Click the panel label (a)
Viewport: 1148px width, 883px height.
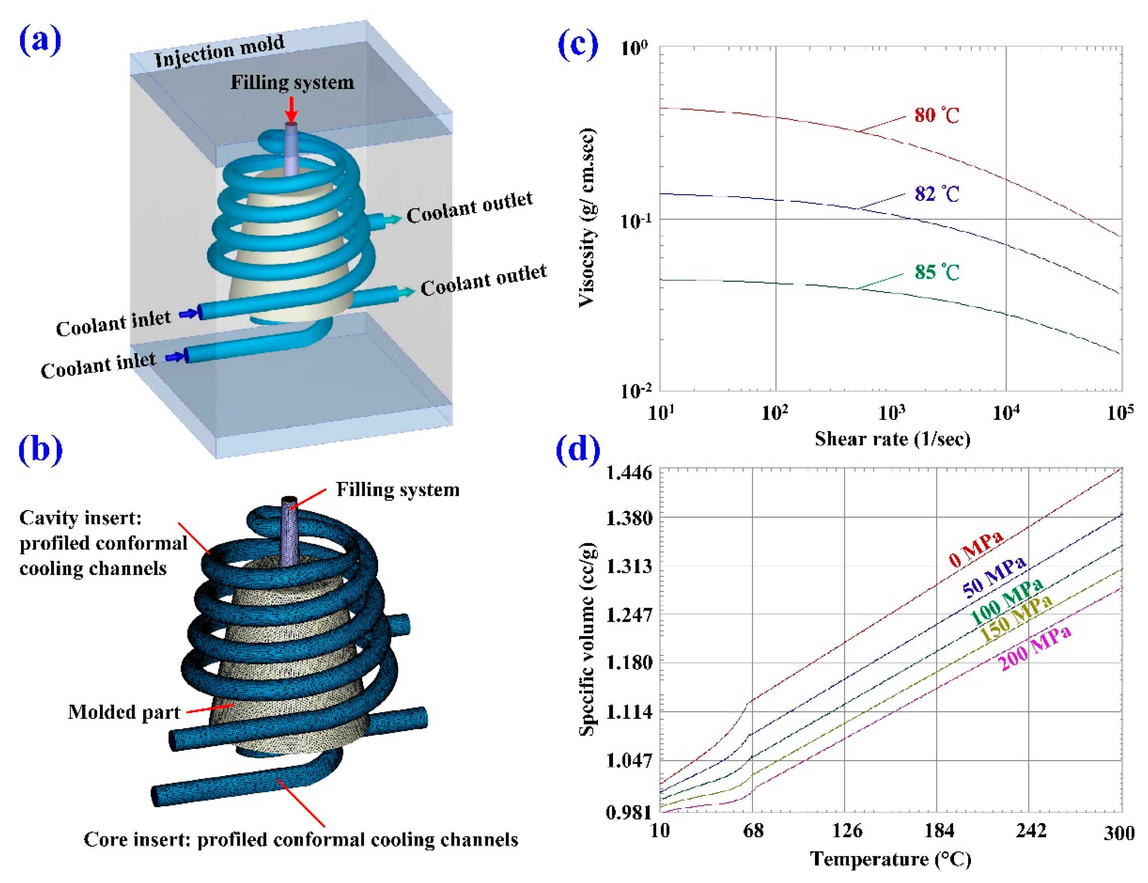pos(40,41)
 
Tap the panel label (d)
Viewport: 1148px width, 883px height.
pos(578,450)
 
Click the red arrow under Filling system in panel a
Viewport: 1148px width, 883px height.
pos(292,109)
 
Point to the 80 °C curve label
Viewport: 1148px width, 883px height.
pos(937,115)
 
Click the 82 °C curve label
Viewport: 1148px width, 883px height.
pos(937,194)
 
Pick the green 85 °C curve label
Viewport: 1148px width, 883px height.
pos(937,272)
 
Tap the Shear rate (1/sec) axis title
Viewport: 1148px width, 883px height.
pos(892,439)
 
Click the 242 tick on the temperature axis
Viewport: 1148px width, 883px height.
pos(1030,831)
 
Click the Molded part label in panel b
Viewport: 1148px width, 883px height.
pos(124,712)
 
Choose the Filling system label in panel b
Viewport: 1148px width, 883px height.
pos(397,490)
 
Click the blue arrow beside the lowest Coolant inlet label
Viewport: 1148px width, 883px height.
pos(175,357)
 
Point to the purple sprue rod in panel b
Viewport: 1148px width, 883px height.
pos(290,531)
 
